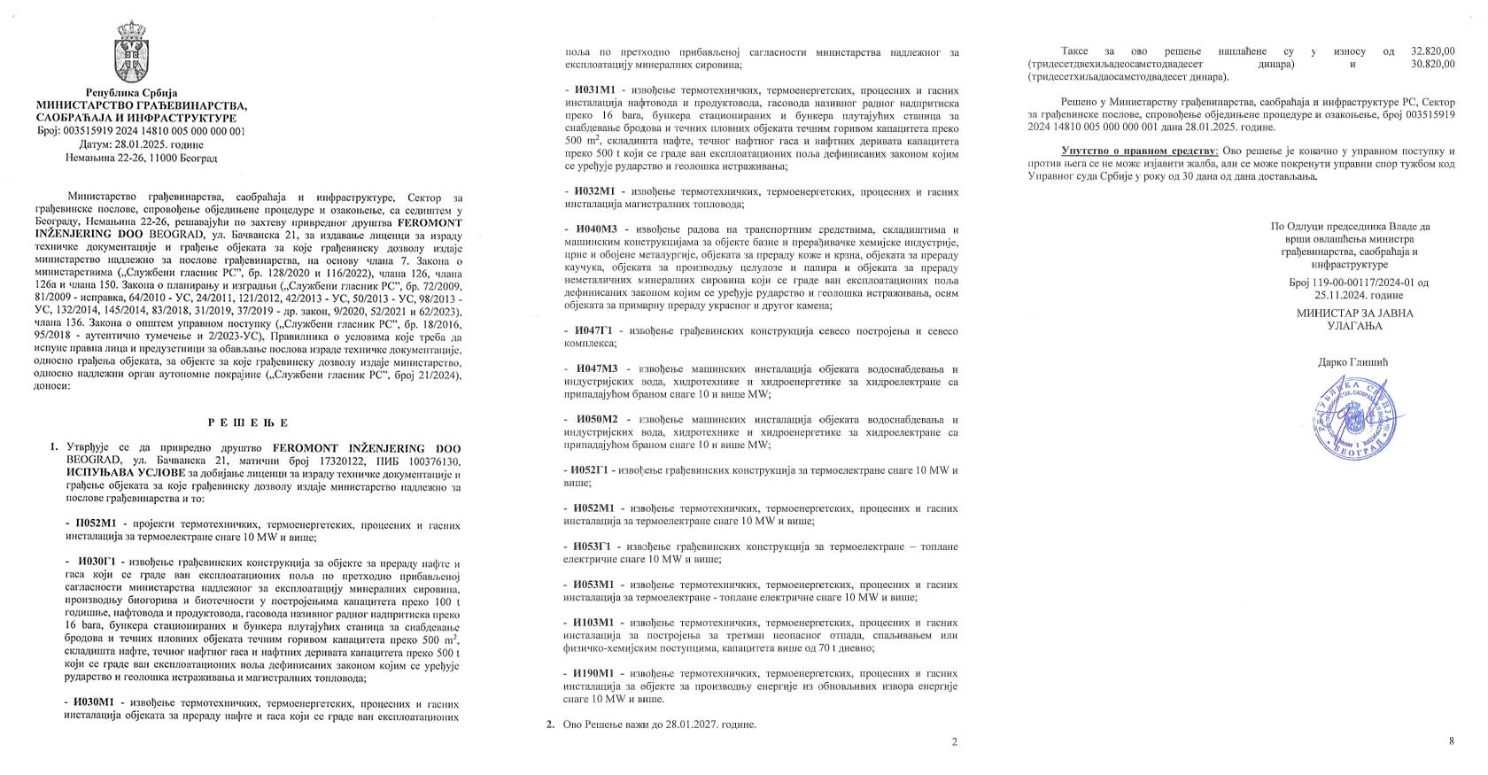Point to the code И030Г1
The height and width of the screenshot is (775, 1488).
coord(99,563)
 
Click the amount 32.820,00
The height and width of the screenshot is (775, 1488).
coord(1433,52)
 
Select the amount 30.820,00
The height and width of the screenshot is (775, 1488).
coord(1433,65)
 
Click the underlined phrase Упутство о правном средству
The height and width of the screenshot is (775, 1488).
coord(1140,152)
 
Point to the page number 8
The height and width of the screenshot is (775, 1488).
coord(1451,741)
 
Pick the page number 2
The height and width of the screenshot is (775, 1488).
coord(954,741)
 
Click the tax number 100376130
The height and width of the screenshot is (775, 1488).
coord(429,461)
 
